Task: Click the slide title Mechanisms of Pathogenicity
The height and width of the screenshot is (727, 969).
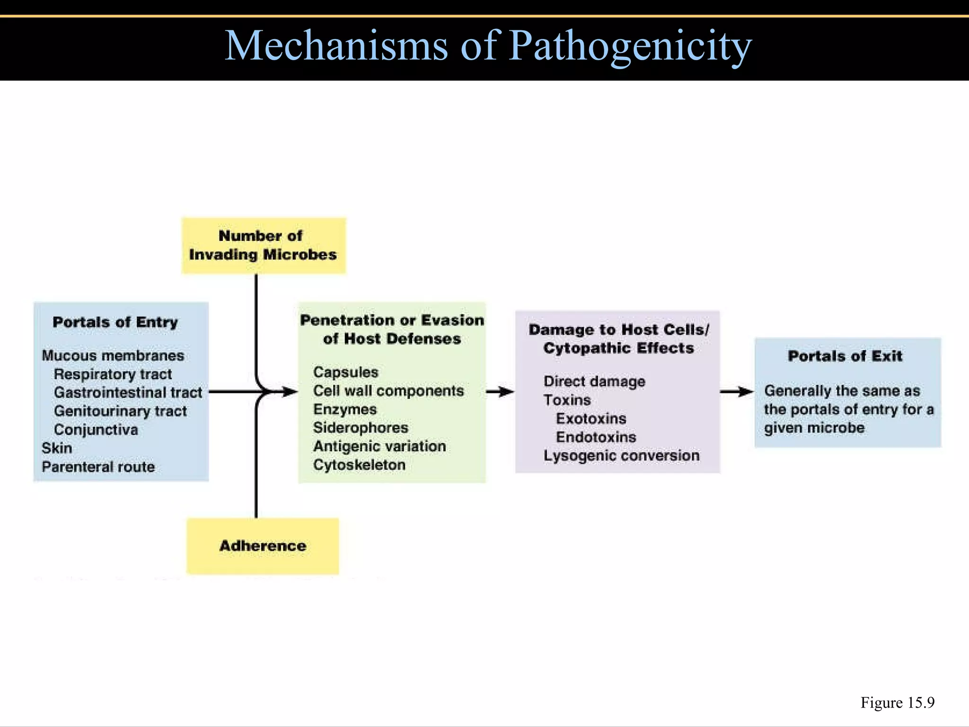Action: click(488, 46)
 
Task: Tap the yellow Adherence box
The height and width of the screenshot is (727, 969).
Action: click(263, 546)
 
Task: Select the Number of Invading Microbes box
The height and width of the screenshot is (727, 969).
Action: click(263, 245)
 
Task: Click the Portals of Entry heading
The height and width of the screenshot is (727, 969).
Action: click(115, 322)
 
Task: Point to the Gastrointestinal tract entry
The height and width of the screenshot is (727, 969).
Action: click(128, 392)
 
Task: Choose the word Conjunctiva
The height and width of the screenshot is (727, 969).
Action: click(96, 430)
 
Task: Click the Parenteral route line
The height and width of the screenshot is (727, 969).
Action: click(98, 467)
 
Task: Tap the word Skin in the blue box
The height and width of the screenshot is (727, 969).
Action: click(57, 448)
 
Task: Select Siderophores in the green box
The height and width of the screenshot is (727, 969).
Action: click(361, 427)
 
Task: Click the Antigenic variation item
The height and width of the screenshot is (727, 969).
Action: click(379, 446)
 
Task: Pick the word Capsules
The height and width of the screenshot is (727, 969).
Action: click(345, 372)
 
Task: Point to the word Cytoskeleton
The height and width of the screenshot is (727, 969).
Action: click(359, 465)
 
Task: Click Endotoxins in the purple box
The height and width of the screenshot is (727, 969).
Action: click(596, 437)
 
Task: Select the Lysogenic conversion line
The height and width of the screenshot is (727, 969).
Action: click(621, 455)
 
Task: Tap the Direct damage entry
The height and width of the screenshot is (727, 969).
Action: click(594, 381)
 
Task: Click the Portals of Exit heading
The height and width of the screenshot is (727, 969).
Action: click(845, 356)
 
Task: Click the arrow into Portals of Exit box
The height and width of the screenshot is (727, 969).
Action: click(737, 391)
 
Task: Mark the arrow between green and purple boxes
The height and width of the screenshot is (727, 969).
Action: click(500, 391)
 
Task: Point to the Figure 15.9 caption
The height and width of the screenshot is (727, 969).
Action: click(897, 702)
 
